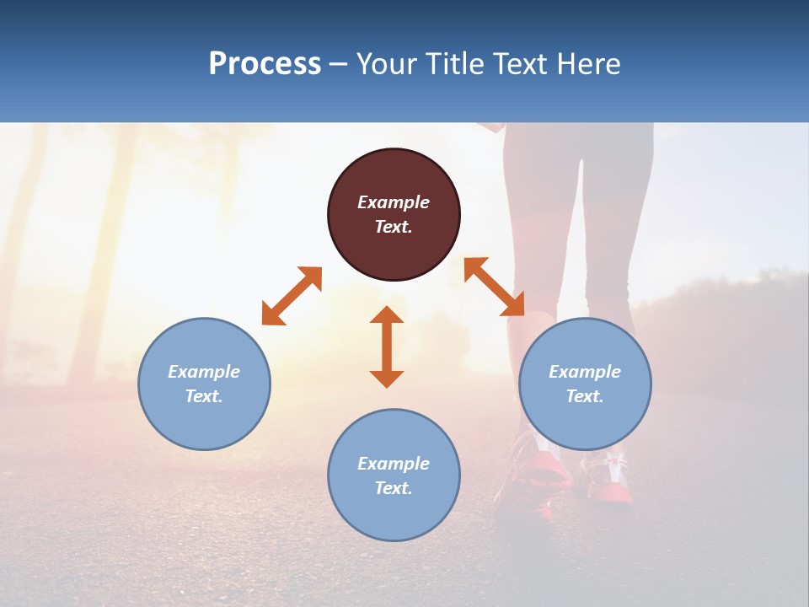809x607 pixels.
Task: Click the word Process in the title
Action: pos(265,64)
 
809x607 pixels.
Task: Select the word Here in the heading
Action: pos(587,64)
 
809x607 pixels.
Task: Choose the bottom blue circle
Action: pos(394,514)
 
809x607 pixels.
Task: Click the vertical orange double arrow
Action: pos(387,347)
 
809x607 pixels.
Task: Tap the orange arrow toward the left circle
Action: pos(292,296)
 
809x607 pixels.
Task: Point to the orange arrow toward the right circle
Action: pos(495,287)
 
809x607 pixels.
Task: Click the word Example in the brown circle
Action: pos(394,202)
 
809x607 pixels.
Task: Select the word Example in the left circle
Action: pos(204,372)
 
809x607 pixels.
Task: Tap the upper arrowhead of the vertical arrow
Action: pos(387,315)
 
